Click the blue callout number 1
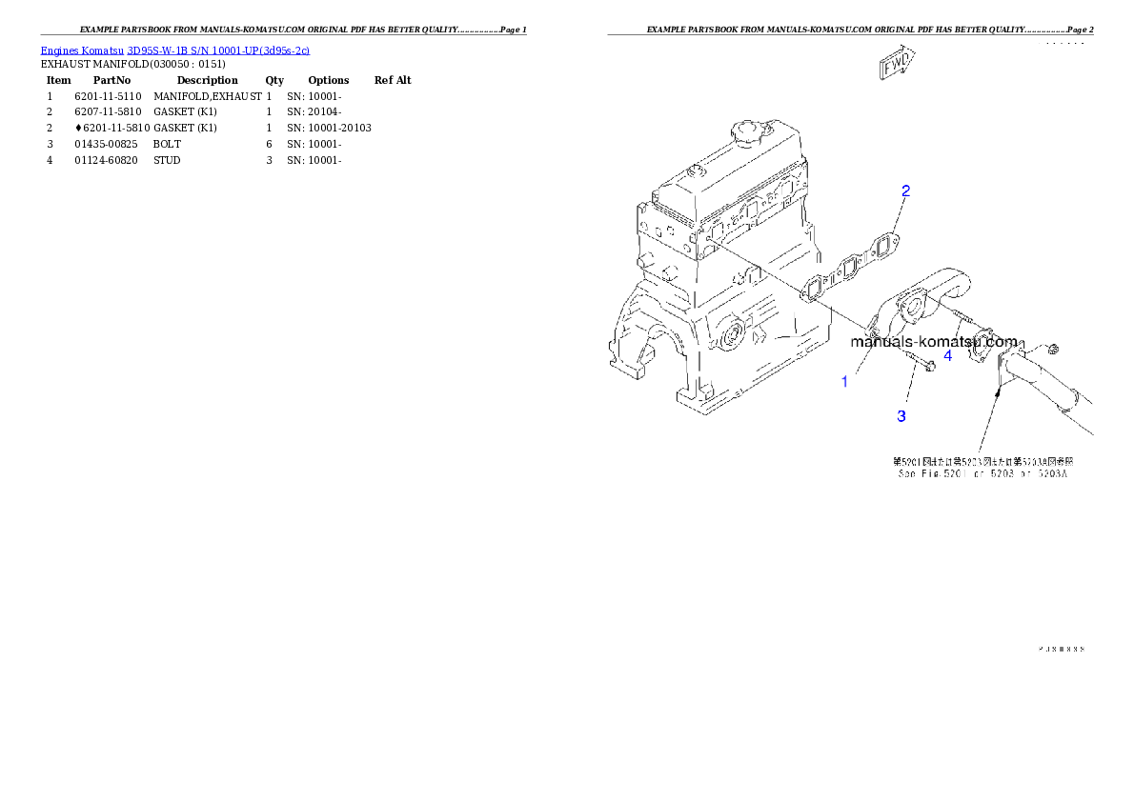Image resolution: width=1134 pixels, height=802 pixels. [x=844, y=382]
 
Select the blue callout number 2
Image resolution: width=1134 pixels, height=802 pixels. [x=905, y=190]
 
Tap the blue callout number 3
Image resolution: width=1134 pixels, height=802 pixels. [x=901, y=415]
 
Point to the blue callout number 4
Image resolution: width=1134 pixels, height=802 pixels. [x=947, y=355]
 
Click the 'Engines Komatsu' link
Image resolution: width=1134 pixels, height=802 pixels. [x=83, y=50]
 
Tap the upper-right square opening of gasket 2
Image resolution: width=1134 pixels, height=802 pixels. [x=883, y=246]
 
